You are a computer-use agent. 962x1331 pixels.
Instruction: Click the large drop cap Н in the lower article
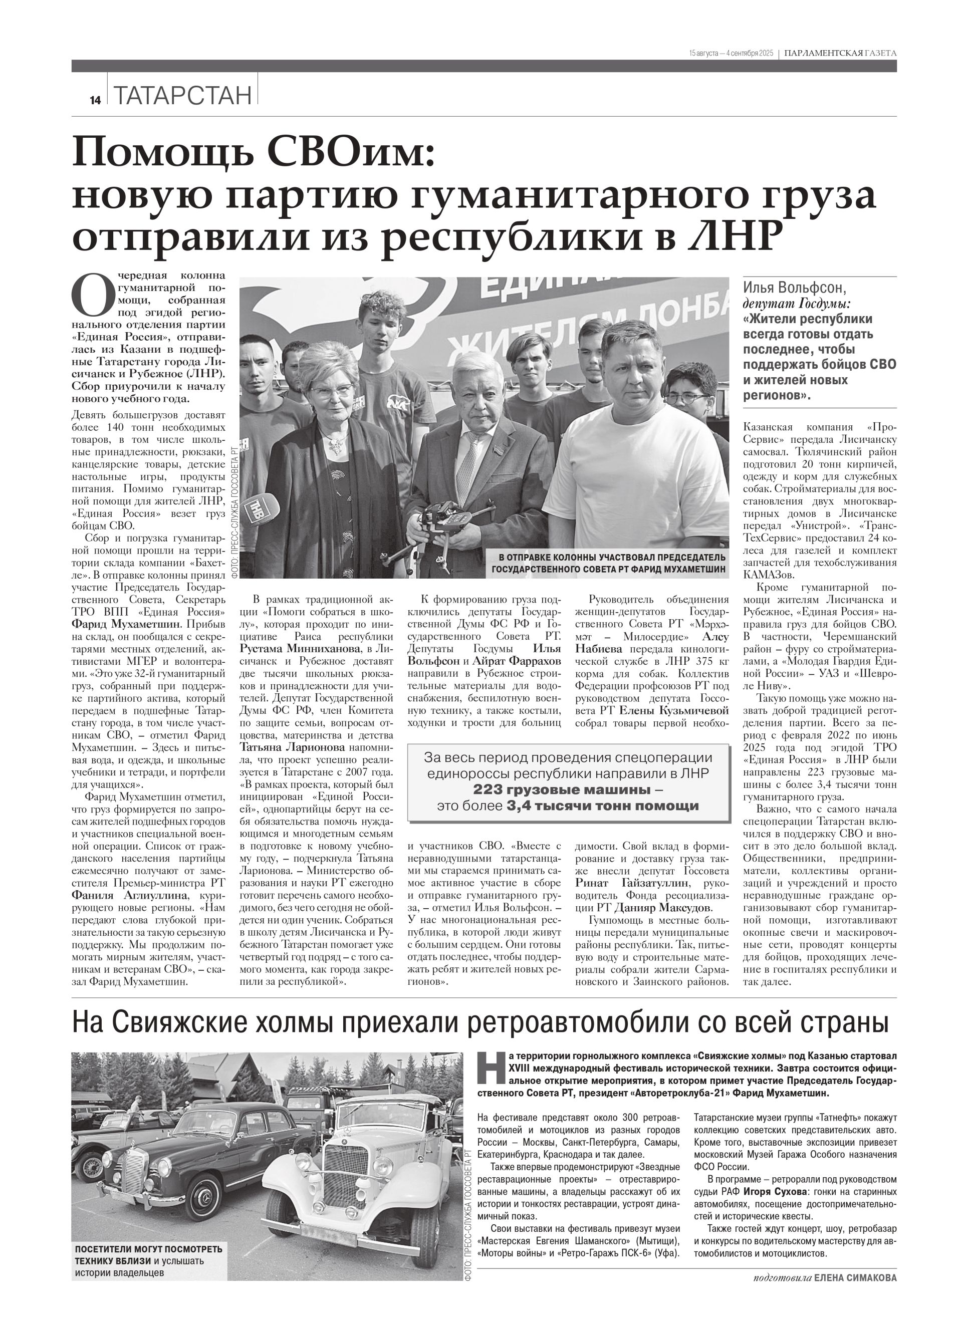[492, 1067]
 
